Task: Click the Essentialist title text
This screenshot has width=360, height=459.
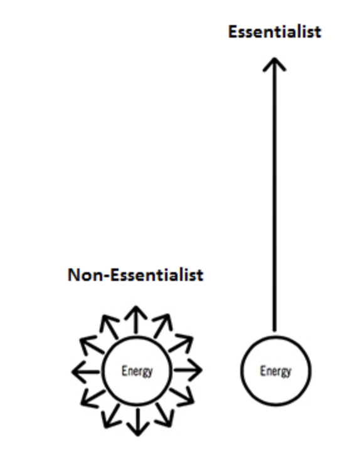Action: pos(275,31)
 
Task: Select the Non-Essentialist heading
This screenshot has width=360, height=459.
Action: pos(135,275)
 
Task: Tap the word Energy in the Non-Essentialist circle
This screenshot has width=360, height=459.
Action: pos(137,371)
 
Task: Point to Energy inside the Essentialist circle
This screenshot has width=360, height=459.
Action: pos(275,371)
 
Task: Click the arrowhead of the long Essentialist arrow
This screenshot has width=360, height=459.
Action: pos(274,64)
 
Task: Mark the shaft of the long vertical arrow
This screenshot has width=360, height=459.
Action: pos(274,194)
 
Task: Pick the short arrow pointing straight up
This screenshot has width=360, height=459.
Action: pos(136,320)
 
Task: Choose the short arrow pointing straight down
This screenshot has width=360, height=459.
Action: pos(137,423)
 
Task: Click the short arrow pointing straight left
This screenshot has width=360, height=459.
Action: pos(86,372)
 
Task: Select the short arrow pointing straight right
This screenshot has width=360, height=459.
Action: pos(188,371)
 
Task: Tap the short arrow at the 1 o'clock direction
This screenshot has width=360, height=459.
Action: pos(162,326)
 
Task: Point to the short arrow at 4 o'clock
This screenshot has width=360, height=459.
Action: pos(182,397)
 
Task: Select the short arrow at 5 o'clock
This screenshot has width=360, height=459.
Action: pos(164,415)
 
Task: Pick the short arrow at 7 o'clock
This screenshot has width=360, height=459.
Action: pos(111,416)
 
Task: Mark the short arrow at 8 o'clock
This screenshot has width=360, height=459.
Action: pos(93,399)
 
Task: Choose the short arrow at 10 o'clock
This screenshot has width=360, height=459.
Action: pos(92,346)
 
